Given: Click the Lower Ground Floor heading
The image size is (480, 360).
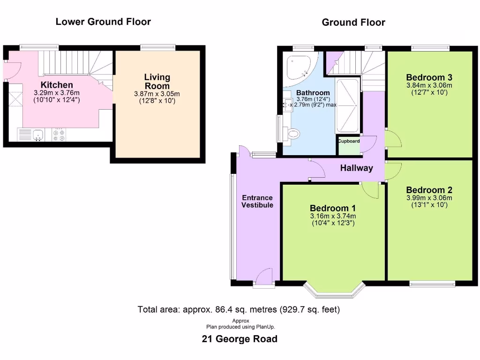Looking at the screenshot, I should click(x=103, y=22).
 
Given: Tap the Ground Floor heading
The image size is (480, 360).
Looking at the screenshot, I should click(x=353, y=22).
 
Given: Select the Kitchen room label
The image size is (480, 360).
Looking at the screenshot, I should click(x=57, y=85).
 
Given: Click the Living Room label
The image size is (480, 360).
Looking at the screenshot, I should click(x=157, y=82).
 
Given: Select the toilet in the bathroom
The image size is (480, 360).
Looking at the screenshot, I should click(x=292, y=135).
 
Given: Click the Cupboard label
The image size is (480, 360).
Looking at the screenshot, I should click(x=349, y=141).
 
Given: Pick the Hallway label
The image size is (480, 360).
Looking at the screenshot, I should click(x=356, y=168).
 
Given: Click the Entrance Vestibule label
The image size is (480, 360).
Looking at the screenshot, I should click(x=257, y=201).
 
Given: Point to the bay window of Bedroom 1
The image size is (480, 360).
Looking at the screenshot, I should click(x=334, y=291).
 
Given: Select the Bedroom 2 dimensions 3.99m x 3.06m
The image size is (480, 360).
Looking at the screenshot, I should click(x=429, y=198).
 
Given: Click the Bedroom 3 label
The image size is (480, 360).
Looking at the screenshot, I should click(x=429, y=77).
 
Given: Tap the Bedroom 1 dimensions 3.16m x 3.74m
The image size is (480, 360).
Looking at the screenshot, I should click(x=333, y=216).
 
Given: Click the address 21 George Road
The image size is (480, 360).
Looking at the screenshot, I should click(x=240, y=339).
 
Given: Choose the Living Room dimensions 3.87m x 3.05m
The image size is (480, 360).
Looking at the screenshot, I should click(x=157, y=94).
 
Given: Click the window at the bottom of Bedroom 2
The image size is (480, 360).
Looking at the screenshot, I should click(x=432, y=284).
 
